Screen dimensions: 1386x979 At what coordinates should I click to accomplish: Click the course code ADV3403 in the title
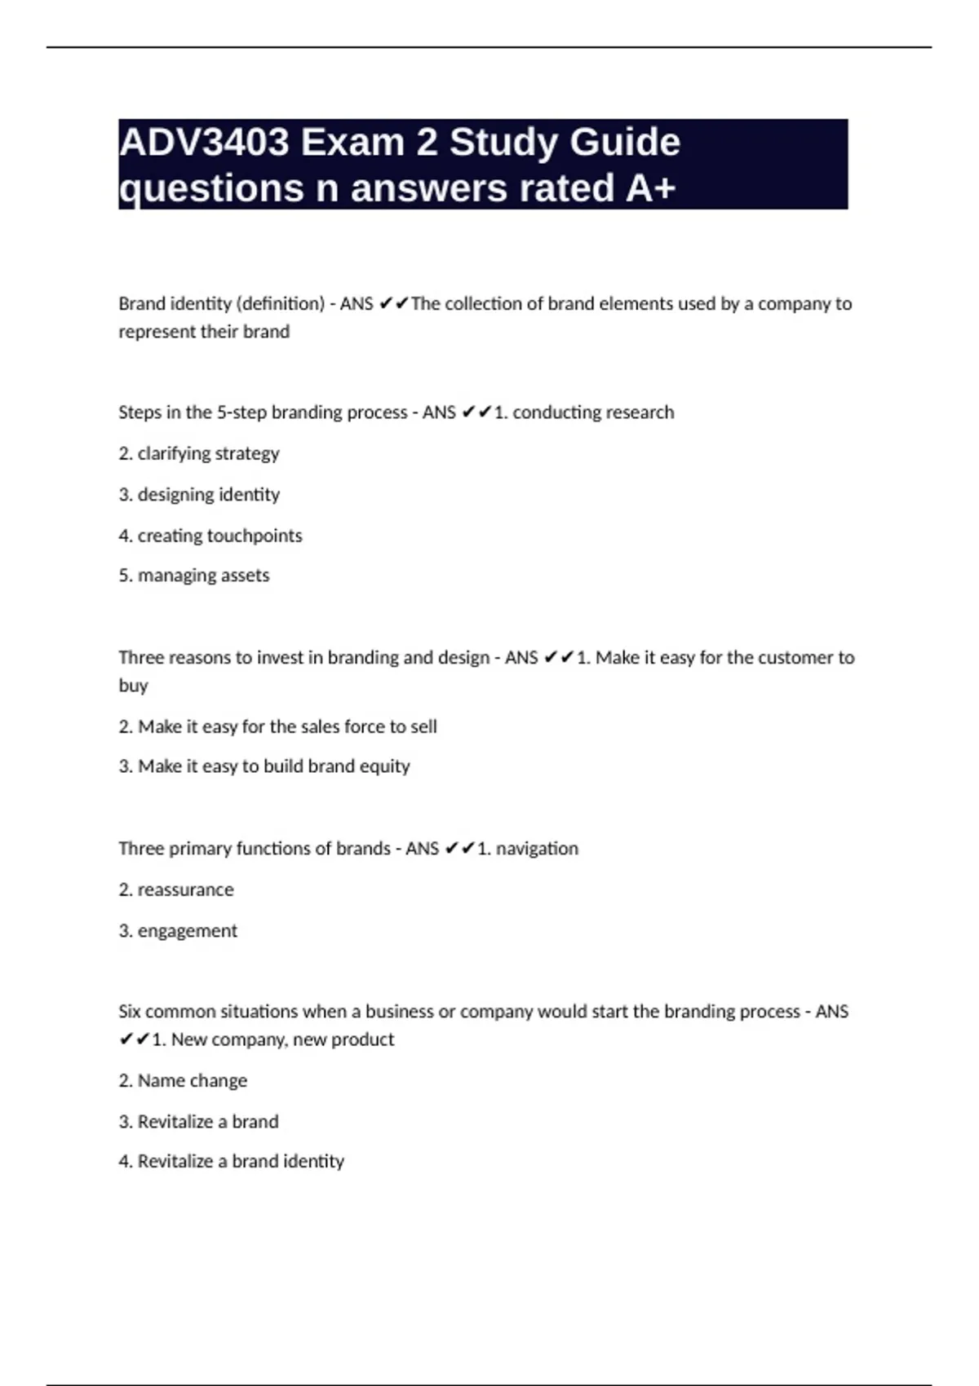click(204, 143)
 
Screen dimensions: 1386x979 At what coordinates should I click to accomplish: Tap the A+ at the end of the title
click(651, 188)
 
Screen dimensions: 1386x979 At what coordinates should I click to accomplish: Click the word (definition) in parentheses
click(280, 304)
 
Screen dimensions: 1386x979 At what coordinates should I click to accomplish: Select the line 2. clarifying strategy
click(199, 453)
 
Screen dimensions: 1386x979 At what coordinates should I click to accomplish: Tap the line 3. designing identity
click(199, 495)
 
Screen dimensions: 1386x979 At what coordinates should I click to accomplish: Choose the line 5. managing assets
click(194, 576)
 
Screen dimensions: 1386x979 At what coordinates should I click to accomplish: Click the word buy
click(133, 686)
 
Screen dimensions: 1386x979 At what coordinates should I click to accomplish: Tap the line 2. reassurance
click(176, 889)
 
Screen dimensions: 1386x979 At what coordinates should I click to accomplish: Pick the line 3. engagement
click(178, 931)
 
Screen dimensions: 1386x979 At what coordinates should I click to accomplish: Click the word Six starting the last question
click(130, 1012)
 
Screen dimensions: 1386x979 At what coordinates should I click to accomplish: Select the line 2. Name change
click(183, 1081)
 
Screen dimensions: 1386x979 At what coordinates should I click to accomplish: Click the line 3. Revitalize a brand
click(198, 1122)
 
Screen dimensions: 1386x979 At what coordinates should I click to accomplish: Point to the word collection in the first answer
click(483, 304)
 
